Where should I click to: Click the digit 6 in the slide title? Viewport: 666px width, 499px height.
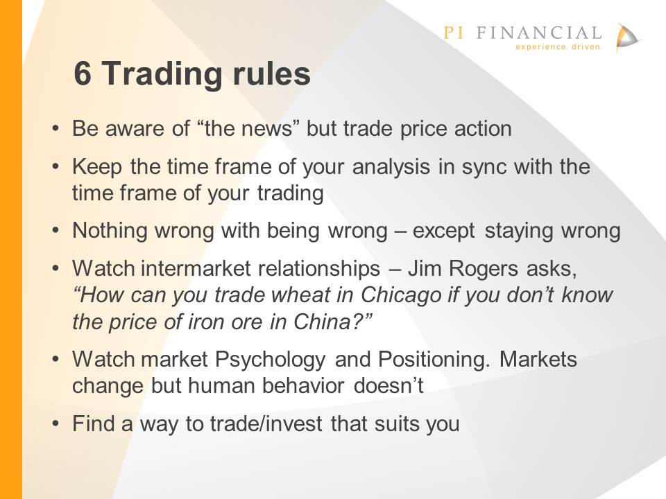[x=83, y=73]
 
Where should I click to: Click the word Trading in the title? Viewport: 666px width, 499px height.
[x=162, y=76]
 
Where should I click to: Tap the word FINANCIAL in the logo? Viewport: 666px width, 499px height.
[x=539, y=33]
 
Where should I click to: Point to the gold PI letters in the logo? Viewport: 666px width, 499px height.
[x=453, y=33]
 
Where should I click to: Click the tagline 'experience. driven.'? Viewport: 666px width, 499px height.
[x=558, y=46]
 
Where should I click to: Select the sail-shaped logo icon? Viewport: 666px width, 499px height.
[x=628, y=37]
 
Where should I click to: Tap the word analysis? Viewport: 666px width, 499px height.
[x=391, y=167]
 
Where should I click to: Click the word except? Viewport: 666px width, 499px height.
[x=443, y=231]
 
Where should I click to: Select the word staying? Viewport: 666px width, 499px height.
[x=519, y=231]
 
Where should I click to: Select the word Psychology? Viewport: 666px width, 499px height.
[x=270, y=360]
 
